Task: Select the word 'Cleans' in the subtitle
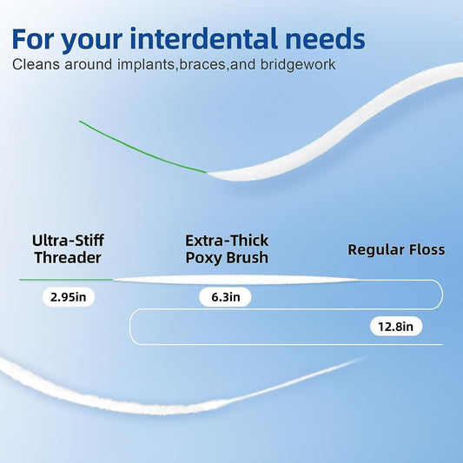(x=38, y=65)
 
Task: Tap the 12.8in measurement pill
(x=395, y=327)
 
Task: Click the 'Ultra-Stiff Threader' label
(x=67, y=248)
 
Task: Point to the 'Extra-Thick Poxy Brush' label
(x=227, y=248)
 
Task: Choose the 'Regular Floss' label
(x=396, y=249)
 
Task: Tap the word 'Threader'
(x=67, y=258)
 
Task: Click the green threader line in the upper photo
(x=139, y=147)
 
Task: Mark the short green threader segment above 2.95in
(x=65, y=280)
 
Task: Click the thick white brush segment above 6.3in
(x=235, y=279)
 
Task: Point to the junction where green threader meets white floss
(x=207, y=171)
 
